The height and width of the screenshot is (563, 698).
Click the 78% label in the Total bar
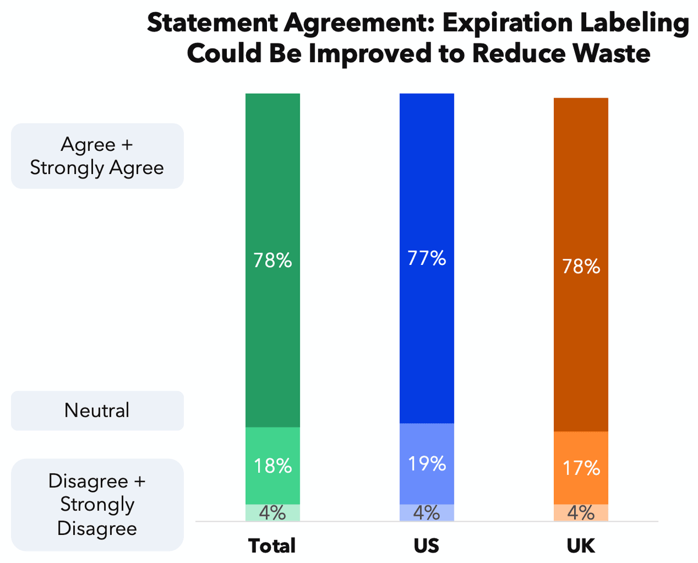272,261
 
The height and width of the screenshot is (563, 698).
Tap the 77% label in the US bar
426,258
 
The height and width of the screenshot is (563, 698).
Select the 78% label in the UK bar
581,267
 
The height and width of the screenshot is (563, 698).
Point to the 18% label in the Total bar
272,466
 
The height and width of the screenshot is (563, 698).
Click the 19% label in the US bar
426,464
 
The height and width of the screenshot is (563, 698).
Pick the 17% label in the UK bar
581,468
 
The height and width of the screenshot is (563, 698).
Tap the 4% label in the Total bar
272,513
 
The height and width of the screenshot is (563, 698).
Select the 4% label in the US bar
426,513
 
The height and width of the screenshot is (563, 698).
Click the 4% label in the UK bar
581,513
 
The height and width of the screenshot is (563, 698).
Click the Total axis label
272,546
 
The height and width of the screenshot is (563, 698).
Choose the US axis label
426,546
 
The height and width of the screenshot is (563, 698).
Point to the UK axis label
581,546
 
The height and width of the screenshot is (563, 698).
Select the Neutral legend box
97,410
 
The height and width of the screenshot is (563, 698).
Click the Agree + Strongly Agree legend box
97,156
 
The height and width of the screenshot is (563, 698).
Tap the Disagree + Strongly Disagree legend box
97,505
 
